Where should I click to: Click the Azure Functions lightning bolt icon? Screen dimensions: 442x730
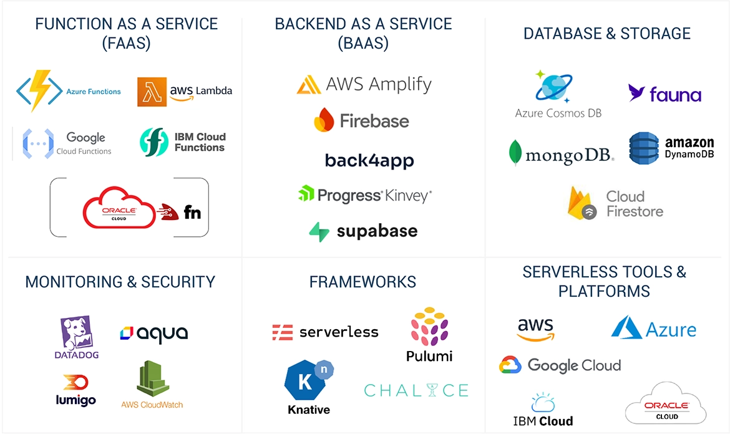[x=39, y=91]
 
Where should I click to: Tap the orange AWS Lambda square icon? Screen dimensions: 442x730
[x=152, y=92]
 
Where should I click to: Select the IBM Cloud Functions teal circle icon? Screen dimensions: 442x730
[x=153, y=142]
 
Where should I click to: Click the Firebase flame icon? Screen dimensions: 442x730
[x=324, y=120]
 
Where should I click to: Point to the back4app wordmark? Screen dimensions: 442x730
[x=369, y=161]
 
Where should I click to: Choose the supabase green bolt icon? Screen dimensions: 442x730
[x=319, y=231]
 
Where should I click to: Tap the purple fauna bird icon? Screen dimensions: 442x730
[x=636, y=94]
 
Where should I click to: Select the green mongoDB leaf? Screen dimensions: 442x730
[x=515, y=153]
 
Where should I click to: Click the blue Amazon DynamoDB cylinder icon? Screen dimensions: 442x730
[x=644, y=148]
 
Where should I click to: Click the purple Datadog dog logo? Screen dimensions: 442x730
[x=76, y=333]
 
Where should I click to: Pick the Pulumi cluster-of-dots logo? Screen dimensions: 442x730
[x=429, y=326]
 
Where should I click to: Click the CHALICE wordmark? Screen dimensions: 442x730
[x=416, y=391]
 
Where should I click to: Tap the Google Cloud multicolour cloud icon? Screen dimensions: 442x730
[x=510, y=365]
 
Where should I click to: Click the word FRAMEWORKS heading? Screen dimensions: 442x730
[x=363, y=282]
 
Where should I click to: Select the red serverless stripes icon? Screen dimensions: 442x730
[x=283, y=332]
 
